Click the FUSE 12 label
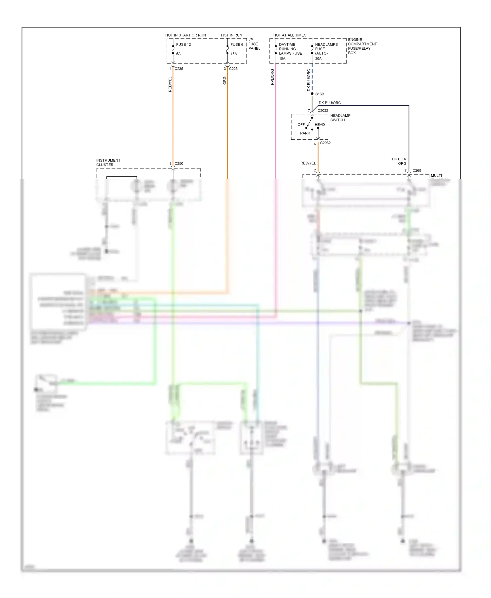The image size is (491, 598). [183, 44]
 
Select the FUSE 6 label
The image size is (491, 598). [237, 44]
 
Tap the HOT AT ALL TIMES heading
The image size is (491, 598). [290, 35]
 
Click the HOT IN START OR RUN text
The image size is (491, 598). [185, 35]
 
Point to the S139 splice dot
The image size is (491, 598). [312, 94]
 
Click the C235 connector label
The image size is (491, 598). [179, 69]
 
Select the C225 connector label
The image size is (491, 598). [233, 69]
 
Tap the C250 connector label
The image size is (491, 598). [179, 163]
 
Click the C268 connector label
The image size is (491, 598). [417, 170]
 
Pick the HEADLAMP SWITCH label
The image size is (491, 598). [340, 118]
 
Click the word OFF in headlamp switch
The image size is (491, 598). [301, 125]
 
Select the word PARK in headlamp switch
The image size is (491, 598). [305, 133]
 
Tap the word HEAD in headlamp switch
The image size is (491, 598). [319, 125]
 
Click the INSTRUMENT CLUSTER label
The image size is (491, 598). [108, 163]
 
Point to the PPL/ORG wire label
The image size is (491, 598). [272, 77]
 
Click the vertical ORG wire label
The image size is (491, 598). [225, 80]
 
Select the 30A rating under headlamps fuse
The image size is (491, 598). [318, 59]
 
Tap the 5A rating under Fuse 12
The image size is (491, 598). [178, 54]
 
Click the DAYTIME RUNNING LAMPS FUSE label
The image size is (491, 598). [290, 49]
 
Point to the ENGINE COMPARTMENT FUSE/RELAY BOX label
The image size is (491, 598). [362, 46]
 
